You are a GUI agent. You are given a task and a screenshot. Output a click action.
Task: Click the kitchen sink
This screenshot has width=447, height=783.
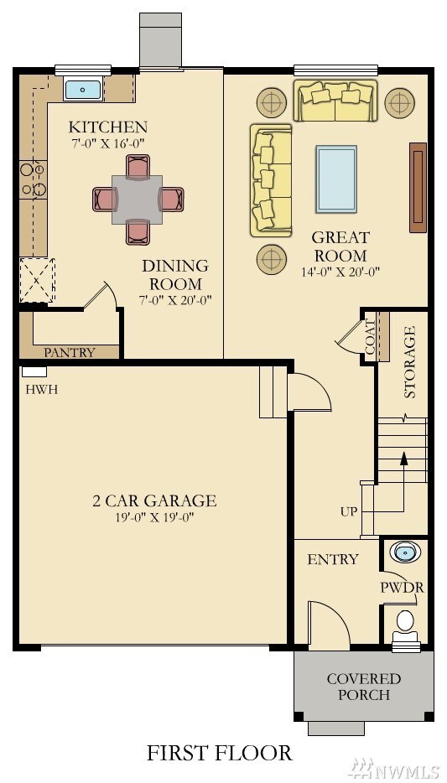click(83, 89)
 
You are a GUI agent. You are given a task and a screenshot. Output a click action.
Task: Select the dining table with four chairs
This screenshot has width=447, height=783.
click(138, 199)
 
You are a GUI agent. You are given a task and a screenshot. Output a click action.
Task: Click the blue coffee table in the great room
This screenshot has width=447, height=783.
click(336, 179)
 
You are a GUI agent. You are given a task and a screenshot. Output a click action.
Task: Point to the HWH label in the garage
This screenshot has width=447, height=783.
click(36, 390)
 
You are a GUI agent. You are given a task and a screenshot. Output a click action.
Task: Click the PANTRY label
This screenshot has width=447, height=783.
click(70, 352)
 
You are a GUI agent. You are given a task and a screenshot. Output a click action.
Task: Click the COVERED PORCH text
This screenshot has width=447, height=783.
click(364, 687)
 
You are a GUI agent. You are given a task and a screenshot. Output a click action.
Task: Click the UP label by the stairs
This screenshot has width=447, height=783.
click(349, 511)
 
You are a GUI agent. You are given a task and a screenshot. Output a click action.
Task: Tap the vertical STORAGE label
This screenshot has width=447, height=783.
click(410, 362)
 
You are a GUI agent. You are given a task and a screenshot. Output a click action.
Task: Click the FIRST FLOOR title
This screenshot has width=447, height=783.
click(220, 753)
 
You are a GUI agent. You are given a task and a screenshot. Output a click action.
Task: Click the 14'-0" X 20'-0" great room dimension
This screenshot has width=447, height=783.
click(340, 272)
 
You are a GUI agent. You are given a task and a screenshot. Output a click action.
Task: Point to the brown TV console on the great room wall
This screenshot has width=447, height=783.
click(418, 187)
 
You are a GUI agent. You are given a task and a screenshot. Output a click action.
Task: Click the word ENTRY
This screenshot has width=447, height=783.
click(332, 559)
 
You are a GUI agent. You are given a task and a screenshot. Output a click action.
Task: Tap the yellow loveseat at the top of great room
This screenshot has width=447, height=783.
click(335, 101)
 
